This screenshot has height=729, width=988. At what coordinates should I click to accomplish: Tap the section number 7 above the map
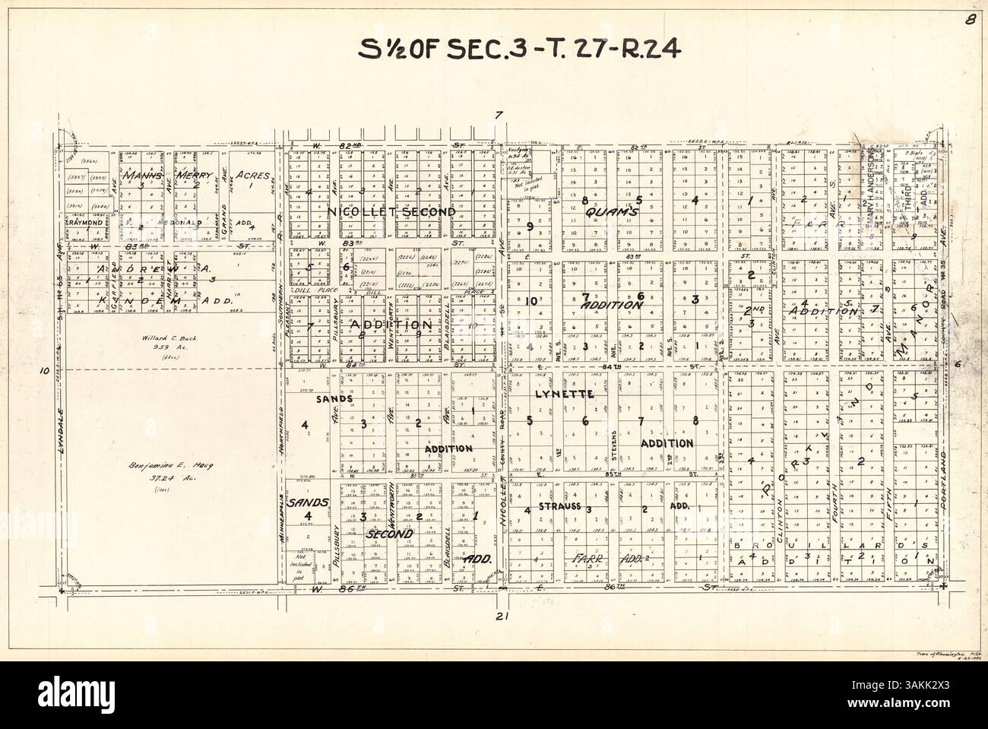click(499, 116)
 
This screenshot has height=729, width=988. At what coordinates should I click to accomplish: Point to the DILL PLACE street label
click(310, 288)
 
